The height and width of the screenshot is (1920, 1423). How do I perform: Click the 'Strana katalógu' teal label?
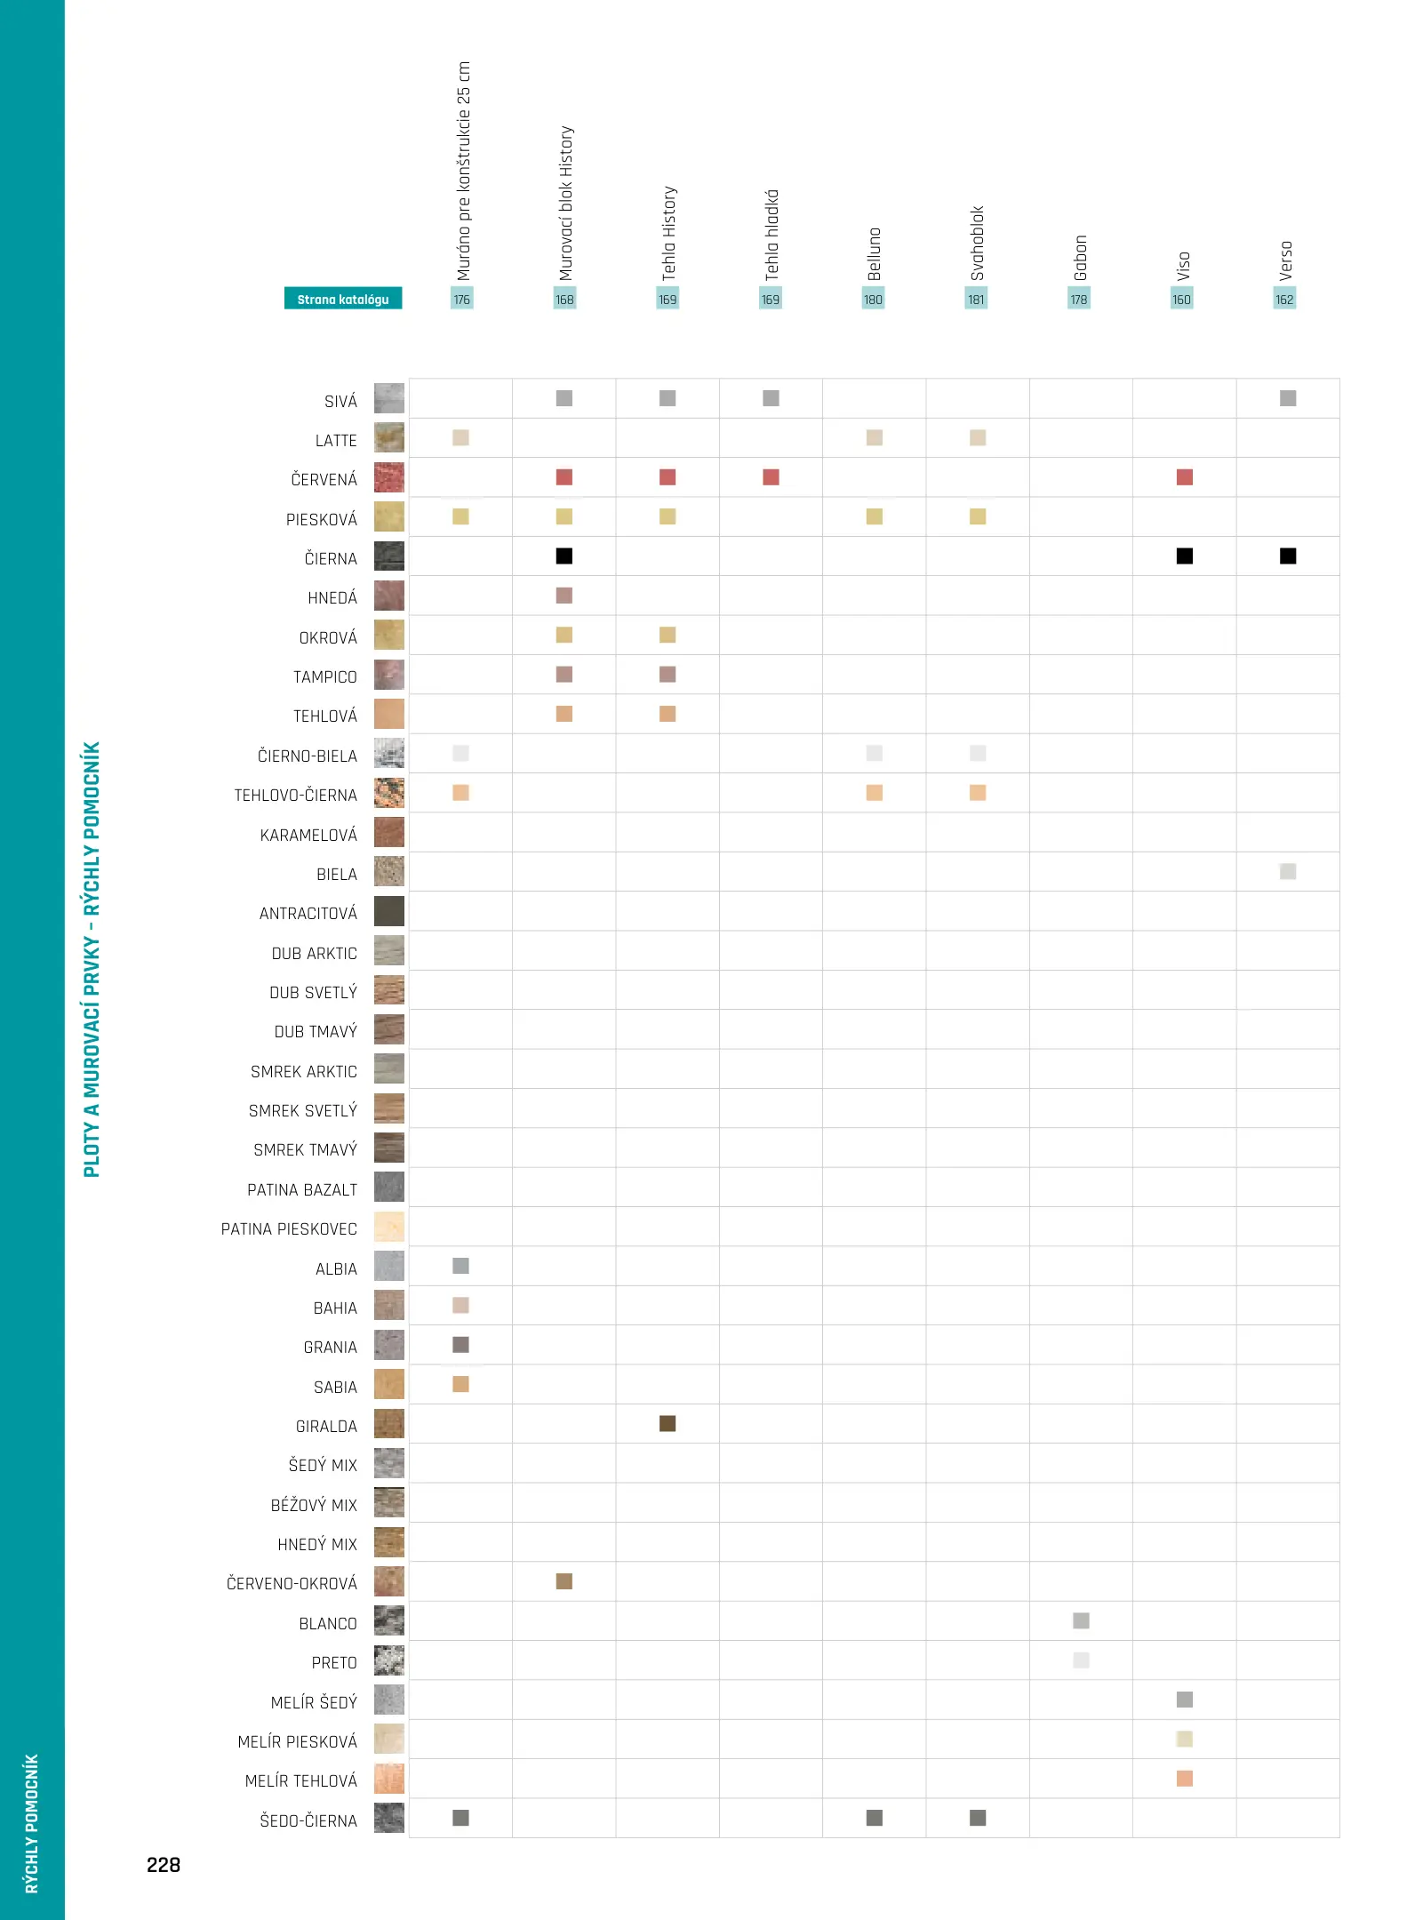click(x=343, y=299)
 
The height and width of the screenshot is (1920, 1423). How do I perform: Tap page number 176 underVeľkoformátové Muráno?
click(x=461, y=300)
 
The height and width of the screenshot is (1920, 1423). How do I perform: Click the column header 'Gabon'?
click(x=1080, y=257)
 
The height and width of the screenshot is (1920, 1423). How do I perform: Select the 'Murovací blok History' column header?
click(x=565, y=203)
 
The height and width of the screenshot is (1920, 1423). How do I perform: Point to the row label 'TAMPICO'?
click(x=324, y=676)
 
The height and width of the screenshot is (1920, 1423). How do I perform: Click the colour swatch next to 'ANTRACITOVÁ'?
click(x=389, y=911)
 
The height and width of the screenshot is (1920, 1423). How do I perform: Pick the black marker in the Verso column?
click(x=1287, y=556)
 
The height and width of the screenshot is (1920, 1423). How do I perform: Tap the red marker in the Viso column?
click(x=1184, y=477)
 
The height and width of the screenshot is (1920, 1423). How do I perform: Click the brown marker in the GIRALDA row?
click(x=668, y=1423)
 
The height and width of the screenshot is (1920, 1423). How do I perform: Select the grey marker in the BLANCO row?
click(x=1081, y=1620)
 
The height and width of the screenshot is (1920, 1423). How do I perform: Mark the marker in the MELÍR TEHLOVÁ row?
click(x=1184, y=1778)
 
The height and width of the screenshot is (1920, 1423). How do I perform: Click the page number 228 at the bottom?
click(x=164, y=1865)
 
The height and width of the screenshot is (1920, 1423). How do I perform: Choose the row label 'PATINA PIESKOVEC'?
click(x=289, y=1228)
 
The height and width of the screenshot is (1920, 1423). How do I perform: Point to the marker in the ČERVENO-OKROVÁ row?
click(x=564, y=1580)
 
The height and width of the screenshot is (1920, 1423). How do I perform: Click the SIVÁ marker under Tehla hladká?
click(x=771, y=398)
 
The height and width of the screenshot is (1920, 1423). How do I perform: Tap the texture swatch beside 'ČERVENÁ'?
click(x=389, y=477)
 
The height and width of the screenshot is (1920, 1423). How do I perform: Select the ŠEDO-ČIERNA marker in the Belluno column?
click(x=875, y=1818)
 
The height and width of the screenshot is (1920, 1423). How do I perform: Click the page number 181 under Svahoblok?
click(x=976, y=300)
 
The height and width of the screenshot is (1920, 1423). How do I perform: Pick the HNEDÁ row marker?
click(x=564, y=596)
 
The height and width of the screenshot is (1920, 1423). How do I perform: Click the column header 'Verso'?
click(x=1285, y=260)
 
